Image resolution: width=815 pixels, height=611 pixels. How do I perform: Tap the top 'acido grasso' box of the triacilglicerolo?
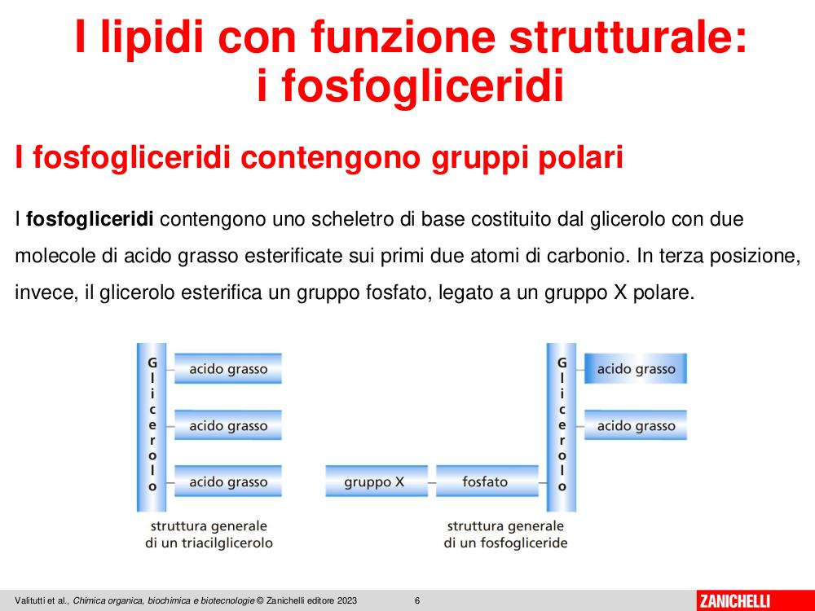pos(227,369)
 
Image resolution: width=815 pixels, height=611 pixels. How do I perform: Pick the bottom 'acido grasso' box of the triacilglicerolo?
pos(227,481)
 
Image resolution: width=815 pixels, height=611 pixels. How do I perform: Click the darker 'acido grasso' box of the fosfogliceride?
pos(636,369)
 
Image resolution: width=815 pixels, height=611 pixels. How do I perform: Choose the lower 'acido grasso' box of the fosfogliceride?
pos(636,425)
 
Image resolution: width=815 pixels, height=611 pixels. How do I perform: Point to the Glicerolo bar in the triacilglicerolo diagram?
pos(152,427)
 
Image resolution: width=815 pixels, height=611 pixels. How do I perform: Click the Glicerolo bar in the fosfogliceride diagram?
pos(562,427)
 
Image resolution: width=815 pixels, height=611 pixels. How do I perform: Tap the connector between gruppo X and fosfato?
pos(432,482)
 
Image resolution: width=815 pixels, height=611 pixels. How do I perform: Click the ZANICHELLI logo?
pos(734,600)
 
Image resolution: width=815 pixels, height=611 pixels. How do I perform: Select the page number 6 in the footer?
pos(417,600)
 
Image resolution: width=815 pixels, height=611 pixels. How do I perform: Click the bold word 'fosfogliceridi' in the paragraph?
pos(90,219)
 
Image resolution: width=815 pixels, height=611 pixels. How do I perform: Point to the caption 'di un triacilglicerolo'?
pos(209,543)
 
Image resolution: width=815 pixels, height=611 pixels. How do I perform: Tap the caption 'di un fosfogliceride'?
pos(505,543)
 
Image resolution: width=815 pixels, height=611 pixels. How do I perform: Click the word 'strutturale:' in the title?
pos(628,37)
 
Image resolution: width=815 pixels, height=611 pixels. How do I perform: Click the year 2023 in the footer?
pos(347,600)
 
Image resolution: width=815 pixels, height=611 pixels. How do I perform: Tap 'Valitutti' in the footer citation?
pos(29,600)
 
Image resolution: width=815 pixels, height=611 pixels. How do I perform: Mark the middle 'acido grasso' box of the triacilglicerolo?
pos(227,425)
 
